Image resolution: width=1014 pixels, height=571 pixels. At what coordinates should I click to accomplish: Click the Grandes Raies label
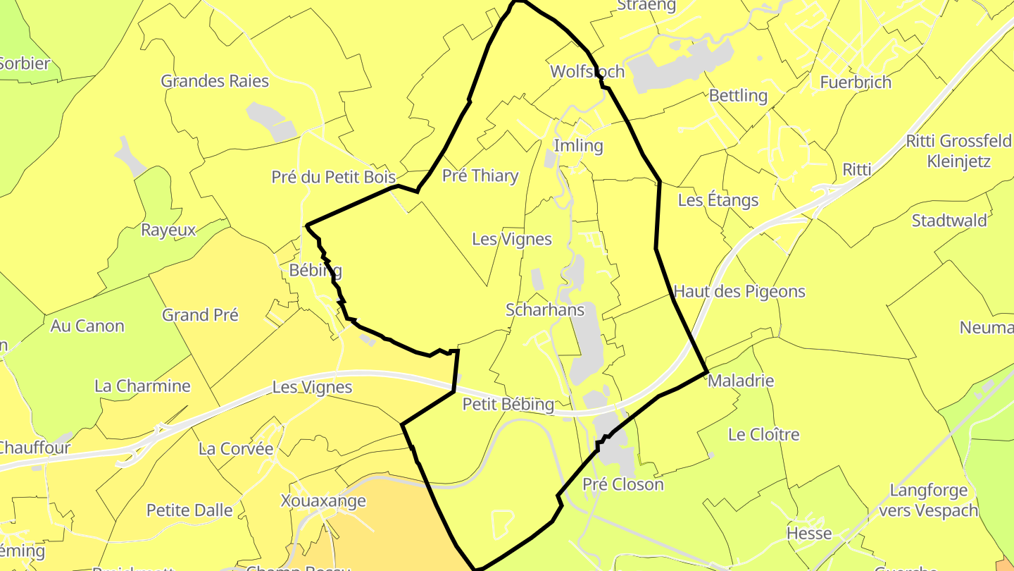click(215, 81)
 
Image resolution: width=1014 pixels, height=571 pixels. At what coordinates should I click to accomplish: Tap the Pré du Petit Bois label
click(334, 177)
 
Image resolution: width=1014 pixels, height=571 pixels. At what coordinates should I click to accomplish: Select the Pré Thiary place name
click(480, 176)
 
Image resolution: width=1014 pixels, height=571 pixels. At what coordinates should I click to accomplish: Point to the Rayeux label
click(168, 230)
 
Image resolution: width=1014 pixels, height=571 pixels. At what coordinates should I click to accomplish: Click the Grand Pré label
click(200, 314)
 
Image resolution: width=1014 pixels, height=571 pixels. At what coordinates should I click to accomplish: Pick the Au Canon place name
click(87, 326)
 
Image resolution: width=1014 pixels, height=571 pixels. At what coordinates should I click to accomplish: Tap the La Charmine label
click(142, 386)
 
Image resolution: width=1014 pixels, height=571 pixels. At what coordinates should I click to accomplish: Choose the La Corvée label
click(236, 448)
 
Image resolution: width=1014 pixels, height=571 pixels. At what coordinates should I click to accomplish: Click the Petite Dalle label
click(189, 510)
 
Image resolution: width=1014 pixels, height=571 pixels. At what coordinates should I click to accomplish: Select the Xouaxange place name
click(323, 501)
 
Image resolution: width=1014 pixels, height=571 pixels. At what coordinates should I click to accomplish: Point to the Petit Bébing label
click(508, 404)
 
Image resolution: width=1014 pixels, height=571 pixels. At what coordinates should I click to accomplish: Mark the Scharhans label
click(545, 309)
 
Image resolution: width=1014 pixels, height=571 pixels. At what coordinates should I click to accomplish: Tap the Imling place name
click(579, 146)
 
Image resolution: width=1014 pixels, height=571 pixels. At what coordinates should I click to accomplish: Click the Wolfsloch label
click(587, 71)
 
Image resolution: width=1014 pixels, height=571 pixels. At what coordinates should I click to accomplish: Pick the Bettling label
click(738, 95)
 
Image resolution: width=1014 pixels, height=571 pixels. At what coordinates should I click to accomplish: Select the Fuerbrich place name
click(856, 82)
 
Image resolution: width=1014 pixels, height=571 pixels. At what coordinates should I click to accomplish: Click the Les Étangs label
click(718, 200)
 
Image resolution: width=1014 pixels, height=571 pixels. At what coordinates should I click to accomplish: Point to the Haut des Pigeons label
click(739, 291)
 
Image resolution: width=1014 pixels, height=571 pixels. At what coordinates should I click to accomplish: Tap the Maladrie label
click(741, 381)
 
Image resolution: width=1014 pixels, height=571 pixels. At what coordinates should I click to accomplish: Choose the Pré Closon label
click(623, 484)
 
